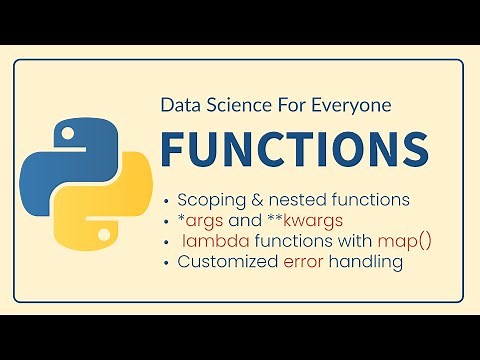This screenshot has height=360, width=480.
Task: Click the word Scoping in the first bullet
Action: (x=207, y=200)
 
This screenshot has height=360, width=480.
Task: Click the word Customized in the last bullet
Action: (x=220, y=263)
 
